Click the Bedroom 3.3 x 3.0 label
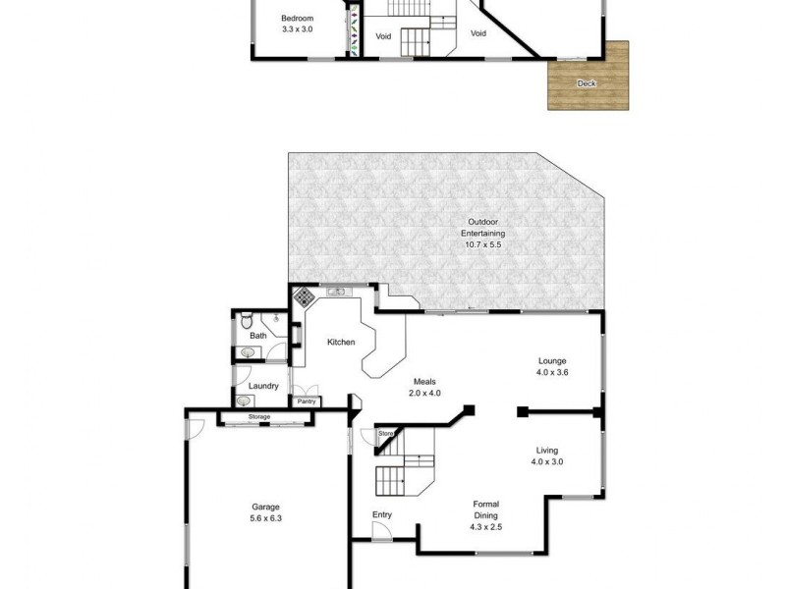[296, 25]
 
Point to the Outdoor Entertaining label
[484, 238]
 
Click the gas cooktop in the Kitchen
[305, 296]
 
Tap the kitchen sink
[337, 291]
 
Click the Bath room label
[257, 336]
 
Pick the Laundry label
[263, 386]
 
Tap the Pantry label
[306, 401]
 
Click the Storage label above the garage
[258, 417]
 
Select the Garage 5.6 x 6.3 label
[265, 512]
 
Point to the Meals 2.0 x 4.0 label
[424, 388]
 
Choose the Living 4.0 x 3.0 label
[547, 455]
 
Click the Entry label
[381, 514]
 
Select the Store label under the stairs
[385, 433]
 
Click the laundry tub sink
[244, 401]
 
